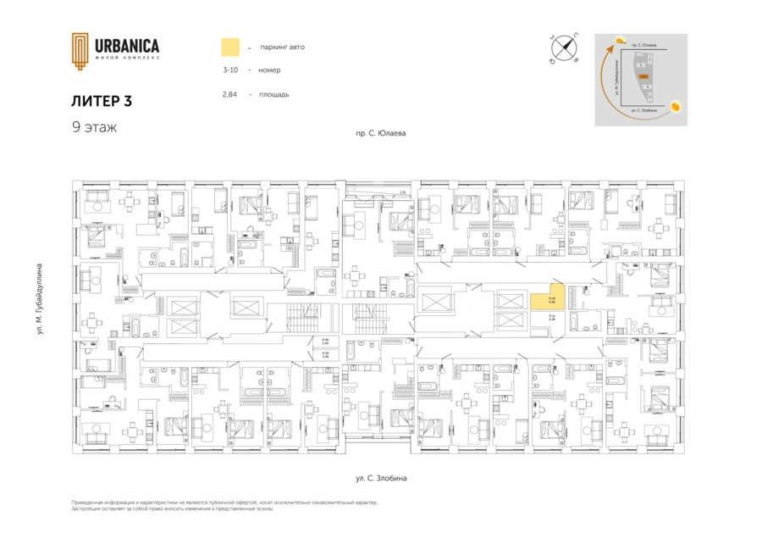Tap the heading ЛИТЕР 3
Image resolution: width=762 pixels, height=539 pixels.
(x=102, y=101)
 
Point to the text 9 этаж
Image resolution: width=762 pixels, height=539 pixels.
(x=94, y=127)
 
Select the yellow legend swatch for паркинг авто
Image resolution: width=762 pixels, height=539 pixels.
(x=229, y=47)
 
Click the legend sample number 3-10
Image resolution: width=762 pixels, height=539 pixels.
(x=229, y=70)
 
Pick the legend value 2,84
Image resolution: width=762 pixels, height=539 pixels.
(x=229, y=94)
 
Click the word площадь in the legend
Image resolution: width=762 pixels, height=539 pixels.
(x=275, y=94)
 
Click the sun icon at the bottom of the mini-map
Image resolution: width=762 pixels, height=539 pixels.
(x=676, y=107)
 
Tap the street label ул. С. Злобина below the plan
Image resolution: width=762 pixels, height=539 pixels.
(x=381, y=479)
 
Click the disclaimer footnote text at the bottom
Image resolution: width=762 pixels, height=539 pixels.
(x=224, y=505)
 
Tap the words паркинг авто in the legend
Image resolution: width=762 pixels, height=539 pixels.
(x=283, y=47)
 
